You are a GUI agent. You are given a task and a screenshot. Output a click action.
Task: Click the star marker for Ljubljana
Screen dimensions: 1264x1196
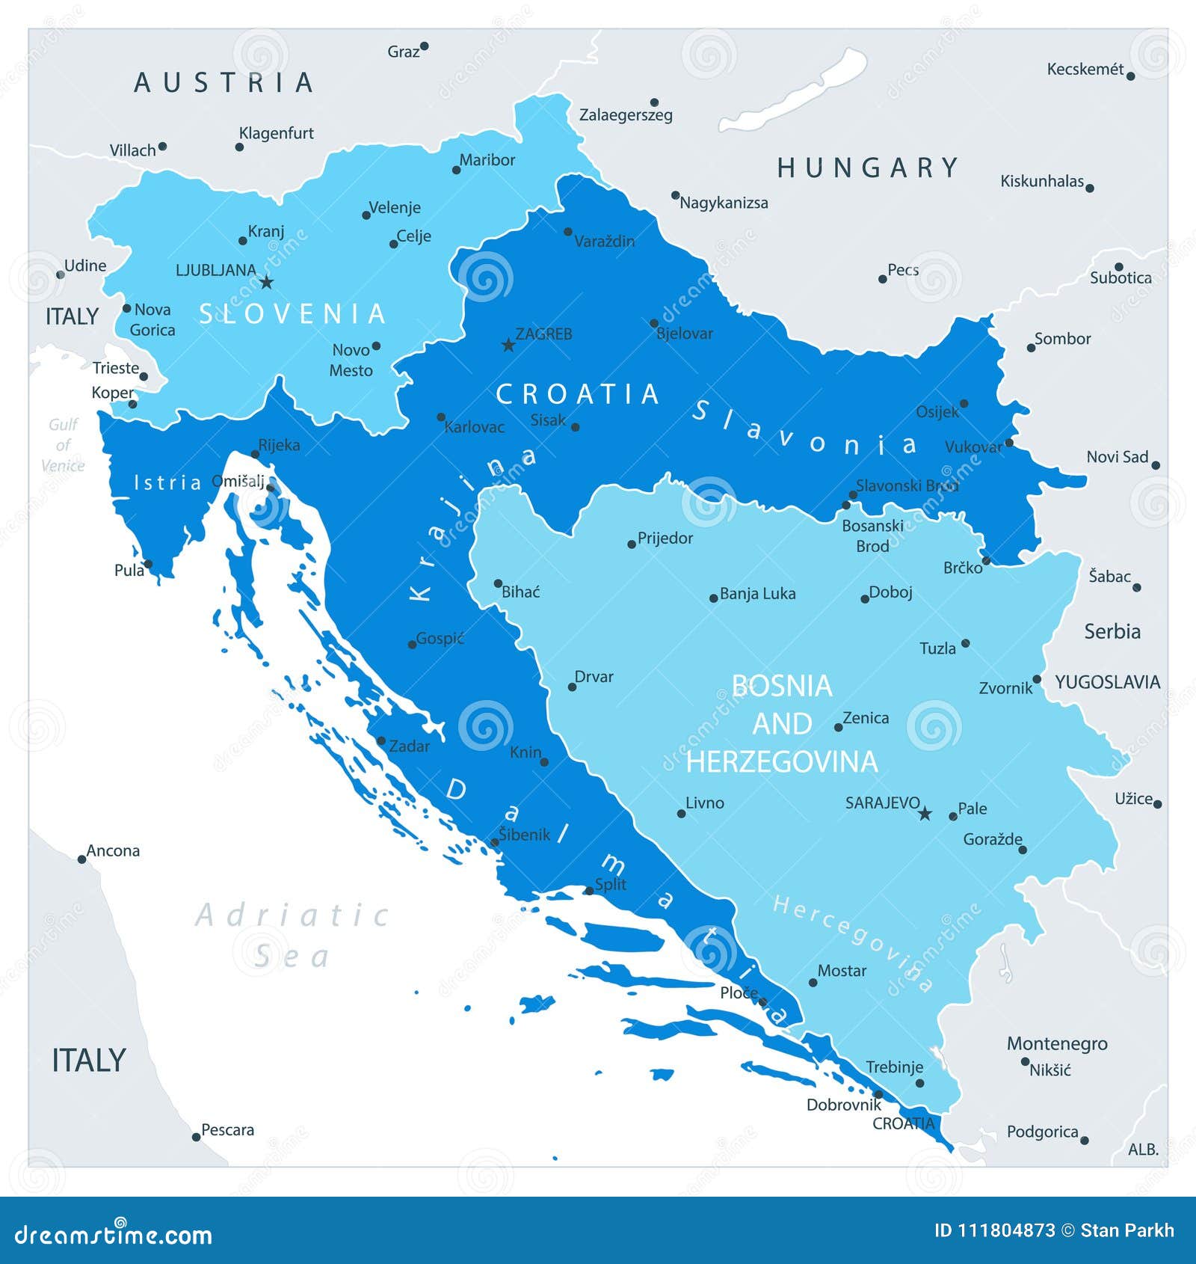point(267,282)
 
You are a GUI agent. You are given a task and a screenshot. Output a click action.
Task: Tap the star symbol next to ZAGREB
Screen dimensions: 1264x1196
point(508,345)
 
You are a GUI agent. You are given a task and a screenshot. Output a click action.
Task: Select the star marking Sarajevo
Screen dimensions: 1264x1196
point(925,813)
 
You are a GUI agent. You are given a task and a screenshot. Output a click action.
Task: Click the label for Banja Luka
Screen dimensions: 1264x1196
point(757,594)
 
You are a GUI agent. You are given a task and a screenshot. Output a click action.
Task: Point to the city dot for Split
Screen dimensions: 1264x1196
point(589,890)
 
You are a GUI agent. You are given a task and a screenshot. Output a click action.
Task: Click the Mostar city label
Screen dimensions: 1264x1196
point(842,971)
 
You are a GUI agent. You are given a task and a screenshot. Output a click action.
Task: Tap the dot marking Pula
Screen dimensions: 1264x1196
point(148,565)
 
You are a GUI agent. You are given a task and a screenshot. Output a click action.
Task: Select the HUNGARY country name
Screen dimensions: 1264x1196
point(867,168)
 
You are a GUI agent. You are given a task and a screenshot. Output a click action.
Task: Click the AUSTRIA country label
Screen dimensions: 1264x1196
point(224,82)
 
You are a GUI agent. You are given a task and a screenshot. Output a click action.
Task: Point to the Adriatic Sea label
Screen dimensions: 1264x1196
point(292,935)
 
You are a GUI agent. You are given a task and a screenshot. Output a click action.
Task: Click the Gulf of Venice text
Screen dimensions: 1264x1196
point(63,445)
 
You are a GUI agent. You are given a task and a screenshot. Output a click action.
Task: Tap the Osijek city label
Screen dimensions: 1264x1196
point(937,412)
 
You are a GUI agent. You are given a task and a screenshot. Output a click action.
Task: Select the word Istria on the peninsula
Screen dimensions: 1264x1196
point(167,483)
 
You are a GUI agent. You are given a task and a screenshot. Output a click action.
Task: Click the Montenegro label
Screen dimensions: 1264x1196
point(1056,1043)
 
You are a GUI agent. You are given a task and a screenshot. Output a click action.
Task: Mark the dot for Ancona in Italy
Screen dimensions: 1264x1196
point(82,859)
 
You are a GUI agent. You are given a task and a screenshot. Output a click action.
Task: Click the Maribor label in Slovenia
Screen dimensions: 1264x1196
point(487,160)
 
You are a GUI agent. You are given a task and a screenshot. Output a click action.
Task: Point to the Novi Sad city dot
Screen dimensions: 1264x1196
point(1156,465)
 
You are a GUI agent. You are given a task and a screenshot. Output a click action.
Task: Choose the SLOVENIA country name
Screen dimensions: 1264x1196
point(292,314)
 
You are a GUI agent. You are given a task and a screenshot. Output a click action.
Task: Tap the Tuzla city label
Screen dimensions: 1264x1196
point(937,648)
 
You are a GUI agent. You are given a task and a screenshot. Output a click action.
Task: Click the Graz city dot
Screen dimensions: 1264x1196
point(424,46)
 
